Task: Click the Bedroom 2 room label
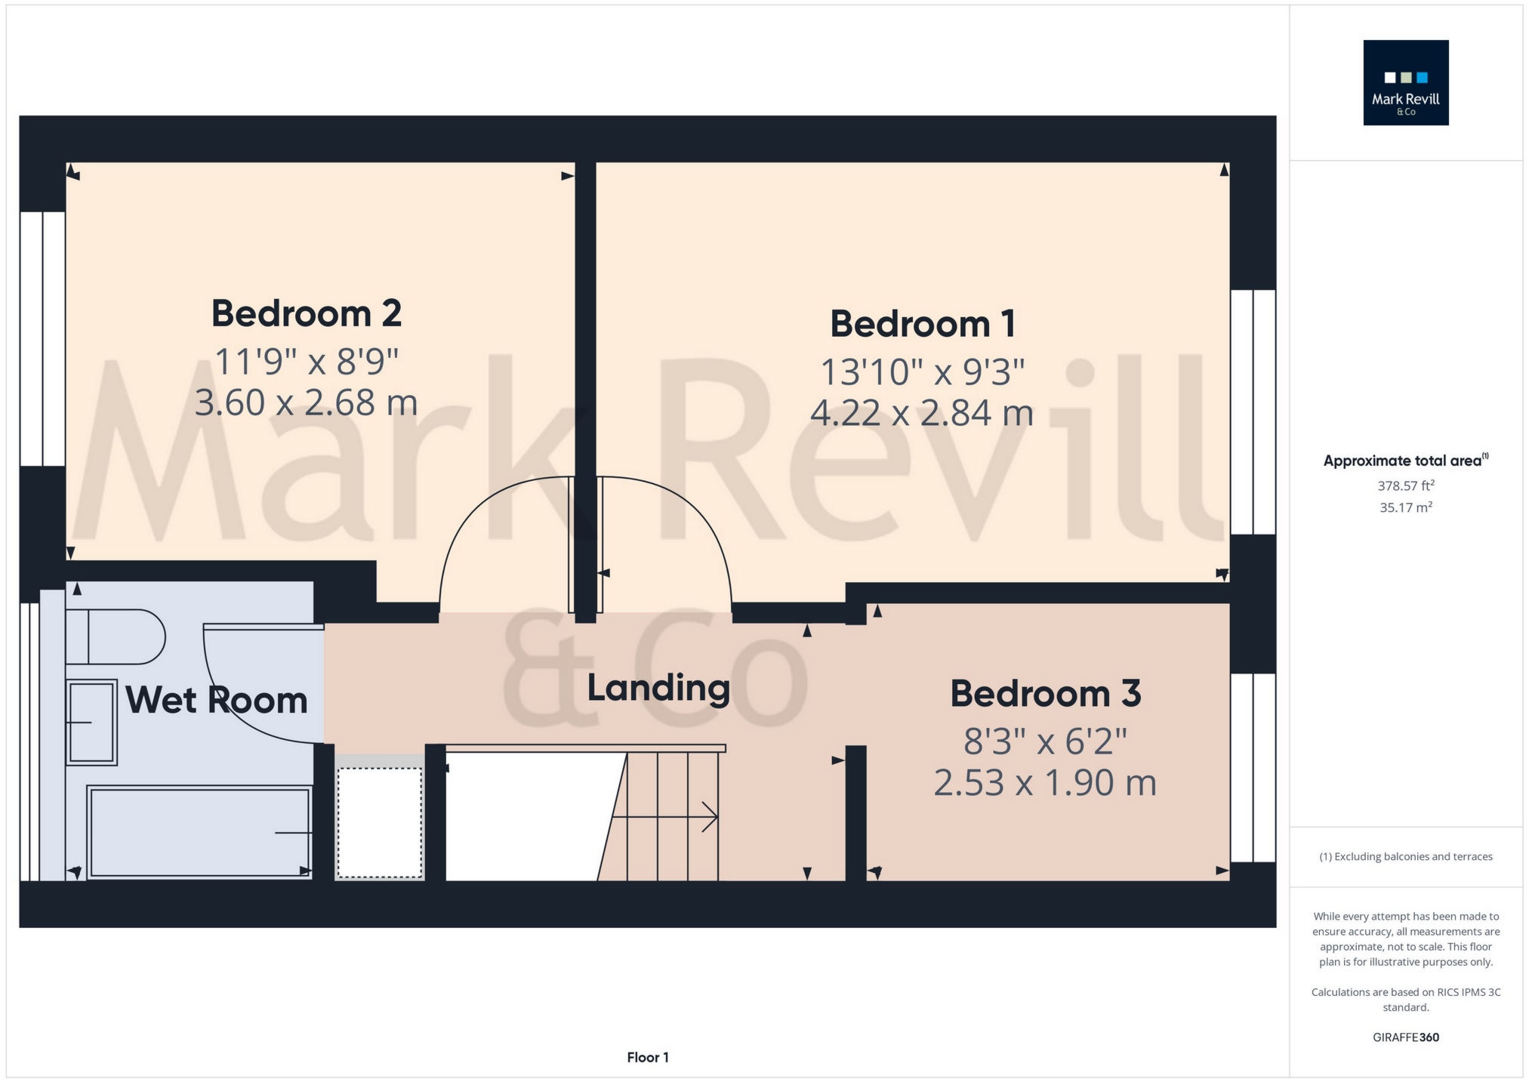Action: pos(306,313)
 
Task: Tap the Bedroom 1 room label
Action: pos(923,324)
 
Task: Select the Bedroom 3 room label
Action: pos(1045,693)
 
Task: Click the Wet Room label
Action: pos(217,700)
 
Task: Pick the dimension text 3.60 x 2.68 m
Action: pos(306,402)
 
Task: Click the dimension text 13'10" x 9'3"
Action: pos(923,371)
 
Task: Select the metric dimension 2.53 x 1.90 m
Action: pos(1045,782)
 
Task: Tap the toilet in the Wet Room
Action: pos(116,637)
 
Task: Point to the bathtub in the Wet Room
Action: pos(199,832)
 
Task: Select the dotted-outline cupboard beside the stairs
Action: pos(379,823)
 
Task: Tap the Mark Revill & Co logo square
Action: pos(1406,82)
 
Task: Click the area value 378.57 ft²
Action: pos(1406,486)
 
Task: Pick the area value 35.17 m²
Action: pos(1406,507)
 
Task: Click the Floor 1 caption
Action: pos(648,1057)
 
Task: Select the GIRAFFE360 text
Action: pos(1406,1037)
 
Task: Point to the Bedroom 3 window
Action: pos(1253,767)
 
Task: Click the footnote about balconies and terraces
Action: pos(1406,857)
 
